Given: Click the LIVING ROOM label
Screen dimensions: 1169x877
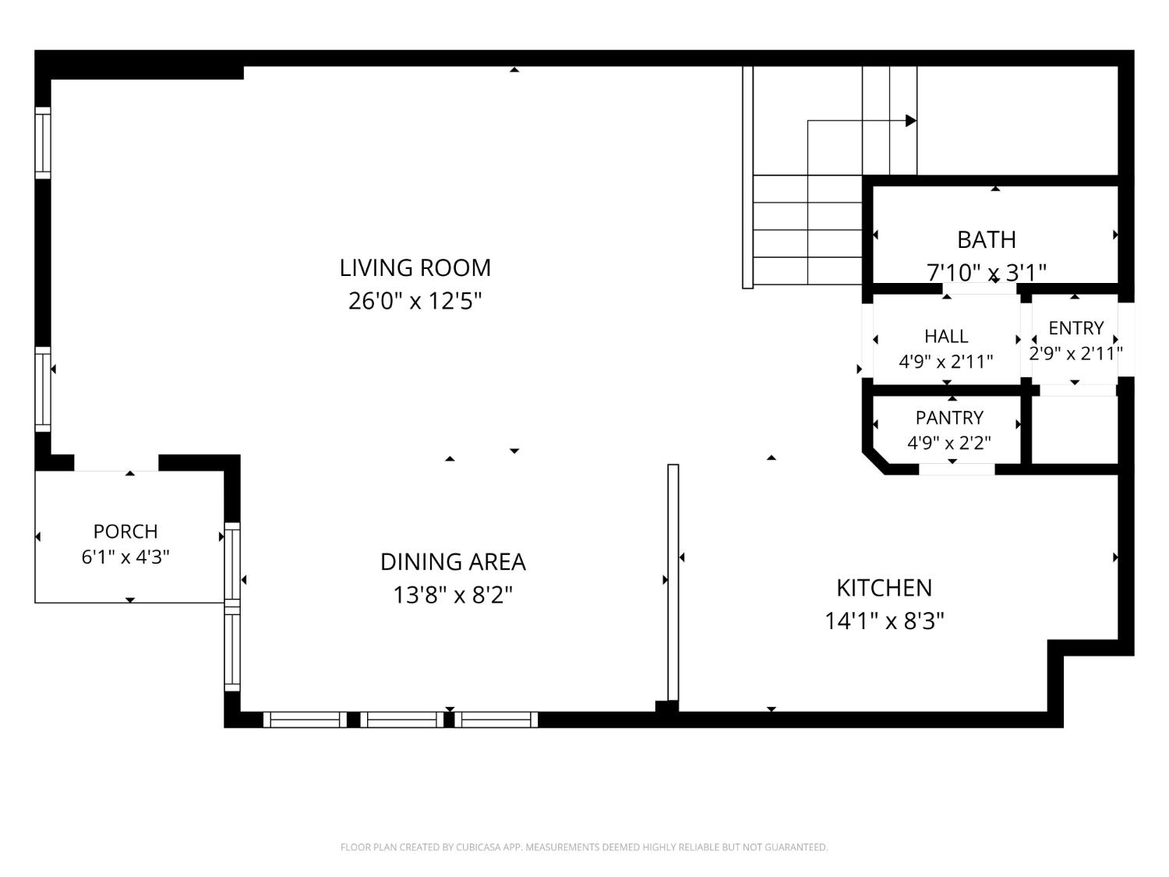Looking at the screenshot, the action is (x=415, y=268).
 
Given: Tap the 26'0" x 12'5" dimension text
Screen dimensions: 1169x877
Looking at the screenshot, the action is (x=415, y=301).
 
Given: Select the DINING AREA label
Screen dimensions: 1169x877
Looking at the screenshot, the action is (x=453, y=562).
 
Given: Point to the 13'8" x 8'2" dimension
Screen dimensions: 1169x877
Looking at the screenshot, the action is (x=453, y=595).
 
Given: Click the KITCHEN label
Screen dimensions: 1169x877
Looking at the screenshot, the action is (x=884, y=588).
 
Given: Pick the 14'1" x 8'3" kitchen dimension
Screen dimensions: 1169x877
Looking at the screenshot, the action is (x=884, y=621).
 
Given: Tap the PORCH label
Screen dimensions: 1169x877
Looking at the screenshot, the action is (x=125, y=532).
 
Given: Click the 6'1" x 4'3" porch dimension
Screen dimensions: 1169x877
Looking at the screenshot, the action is (x=125, y=557).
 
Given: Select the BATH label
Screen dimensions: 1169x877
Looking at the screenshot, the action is (x=987, y=239).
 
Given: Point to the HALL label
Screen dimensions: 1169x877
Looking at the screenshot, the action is (x=946, y=336).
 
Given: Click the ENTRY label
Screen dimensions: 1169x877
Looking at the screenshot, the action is (x=1075, y=328).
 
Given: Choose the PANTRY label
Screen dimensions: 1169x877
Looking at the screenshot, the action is (x=949, y=418).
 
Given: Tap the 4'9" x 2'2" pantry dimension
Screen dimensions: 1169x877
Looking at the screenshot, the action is (x=949, y=443).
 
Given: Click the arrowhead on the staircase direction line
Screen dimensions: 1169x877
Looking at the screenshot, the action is (x=911, y=121).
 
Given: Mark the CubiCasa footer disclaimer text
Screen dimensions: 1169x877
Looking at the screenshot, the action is (x=584, y=847).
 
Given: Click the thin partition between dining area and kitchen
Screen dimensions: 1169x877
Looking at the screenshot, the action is (x=673, y=582).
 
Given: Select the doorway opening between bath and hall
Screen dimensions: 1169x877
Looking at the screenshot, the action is (x=980, y=288).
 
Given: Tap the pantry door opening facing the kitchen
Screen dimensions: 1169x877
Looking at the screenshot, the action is (x=956, y=469).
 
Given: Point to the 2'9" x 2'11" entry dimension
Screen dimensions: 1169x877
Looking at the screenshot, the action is (x=1075, y=353).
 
